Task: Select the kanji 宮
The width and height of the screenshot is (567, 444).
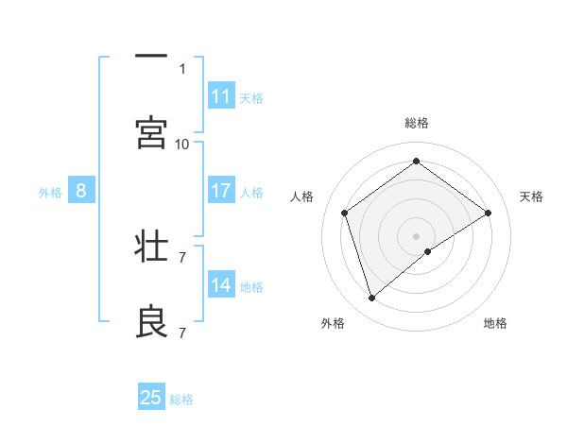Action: coord(151,132)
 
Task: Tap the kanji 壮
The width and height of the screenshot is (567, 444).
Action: coord(151,246)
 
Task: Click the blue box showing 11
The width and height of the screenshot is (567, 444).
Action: coord(221,96)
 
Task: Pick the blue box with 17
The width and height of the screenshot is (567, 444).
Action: coord(221,191)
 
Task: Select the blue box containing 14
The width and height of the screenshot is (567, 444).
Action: coord(221,285)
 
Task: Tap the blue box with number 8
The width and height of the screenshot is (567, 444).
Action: coord(81,191)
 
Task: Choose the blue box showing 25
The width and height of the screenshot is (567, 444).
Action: coord(151,398)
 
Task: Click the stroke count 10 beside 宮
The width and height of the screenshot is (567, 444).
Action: coord(182,144)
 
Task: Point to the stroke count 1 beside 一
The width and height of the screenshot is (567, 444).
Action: coord(182,68)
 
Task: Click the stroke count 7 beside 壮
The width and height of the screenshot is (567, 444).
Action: coord(182,256)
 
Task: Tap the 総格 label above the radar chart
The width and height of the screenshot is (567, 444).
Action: coord(417,123)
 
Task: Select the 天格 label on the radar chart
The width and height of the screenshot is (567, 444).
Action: coord(531,196)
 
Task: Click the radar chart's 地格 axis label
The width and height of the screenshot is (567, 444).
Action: coord(495,324)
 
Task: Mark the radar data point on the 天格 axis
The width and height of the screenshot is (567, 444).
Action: coord(489,213)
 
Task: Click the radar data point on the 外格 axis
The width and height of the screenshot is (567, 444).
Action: coord(371,299)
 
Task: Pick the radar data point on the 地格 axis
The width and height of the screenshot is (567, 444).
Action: coord(428,251)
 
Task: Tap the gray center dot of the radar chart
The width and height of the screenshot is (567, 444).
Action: coord(417,235)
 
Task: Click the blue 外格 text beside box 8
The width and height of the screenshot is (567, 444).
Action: coord(50,193)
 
